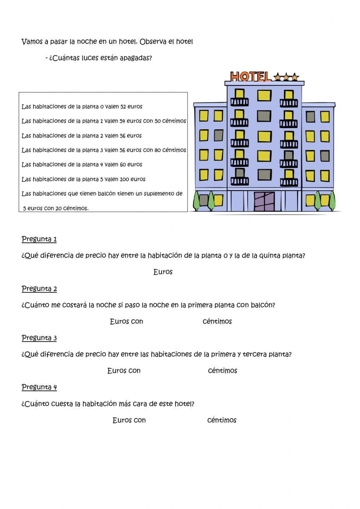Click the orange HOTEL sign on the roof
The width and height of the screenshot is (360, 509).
coord(250,76)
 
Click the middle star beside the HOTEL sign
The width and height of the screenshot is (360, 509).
coord(286,77)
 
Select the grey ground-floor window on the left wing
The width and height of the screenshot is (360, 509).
coord(204,200)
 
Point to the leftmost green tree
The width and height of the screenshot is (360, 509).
coord(197,201)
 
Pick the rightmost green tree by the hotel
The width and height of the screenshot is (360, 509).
coord(332,201)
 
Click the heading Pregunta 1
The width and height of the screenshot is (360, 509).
coord(39,239)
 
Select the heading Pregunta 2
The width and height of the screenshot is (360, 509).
coord(39,289)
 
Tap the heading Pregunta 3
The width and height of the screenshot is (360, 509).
coord(39,338)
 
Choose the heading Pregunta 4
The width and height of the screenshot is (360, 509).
coord(39,387)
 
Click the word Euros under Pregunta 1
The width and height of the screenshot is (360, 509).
coord(163,272)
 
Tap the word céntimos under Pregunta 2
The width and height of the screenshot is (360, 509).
coord(217,321)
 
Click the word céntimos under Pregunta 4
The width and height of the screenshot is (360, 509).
coord(222,420)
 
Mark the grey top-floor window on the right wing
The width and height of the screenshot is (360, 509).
coord(310,117)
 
